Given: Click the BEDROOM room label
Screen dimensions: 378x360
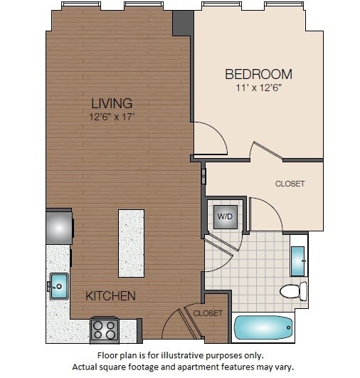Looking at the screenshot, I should (x=258, y=74).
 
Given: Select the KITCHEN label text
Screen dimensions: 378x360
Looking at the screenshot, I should (x=110, y=295).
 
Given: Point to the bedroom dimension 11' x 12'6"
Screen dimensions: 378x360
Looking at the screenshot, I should (x=258, y=89).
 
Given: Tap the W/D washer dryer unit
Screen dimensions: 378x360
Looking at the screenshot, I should (x=224, y=216).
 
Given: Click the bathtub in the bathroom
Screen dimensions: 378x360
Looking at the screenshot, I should (x=263, y=328).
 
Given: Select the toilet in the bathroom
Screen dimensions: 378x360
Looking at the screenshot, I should (x=292, y=291).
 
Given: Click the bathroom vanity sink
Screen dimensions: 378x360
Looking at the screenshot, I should (x=298, y=261).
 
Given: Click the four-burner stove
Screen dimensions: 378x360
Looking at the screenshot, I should (x=105, y=330).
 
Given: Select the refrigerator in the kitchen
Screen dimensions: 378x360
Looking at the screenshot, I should (x=59, y=227).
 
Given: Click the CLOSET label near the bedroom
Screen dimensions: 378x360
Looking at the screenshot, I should (x=290, y=184).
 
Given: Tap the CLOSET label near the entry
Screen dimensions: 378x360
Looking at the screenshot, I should (x=208, y=313).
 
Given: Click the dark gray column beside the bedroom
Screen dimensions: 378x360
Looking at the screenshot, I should (x=184, y=23).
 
